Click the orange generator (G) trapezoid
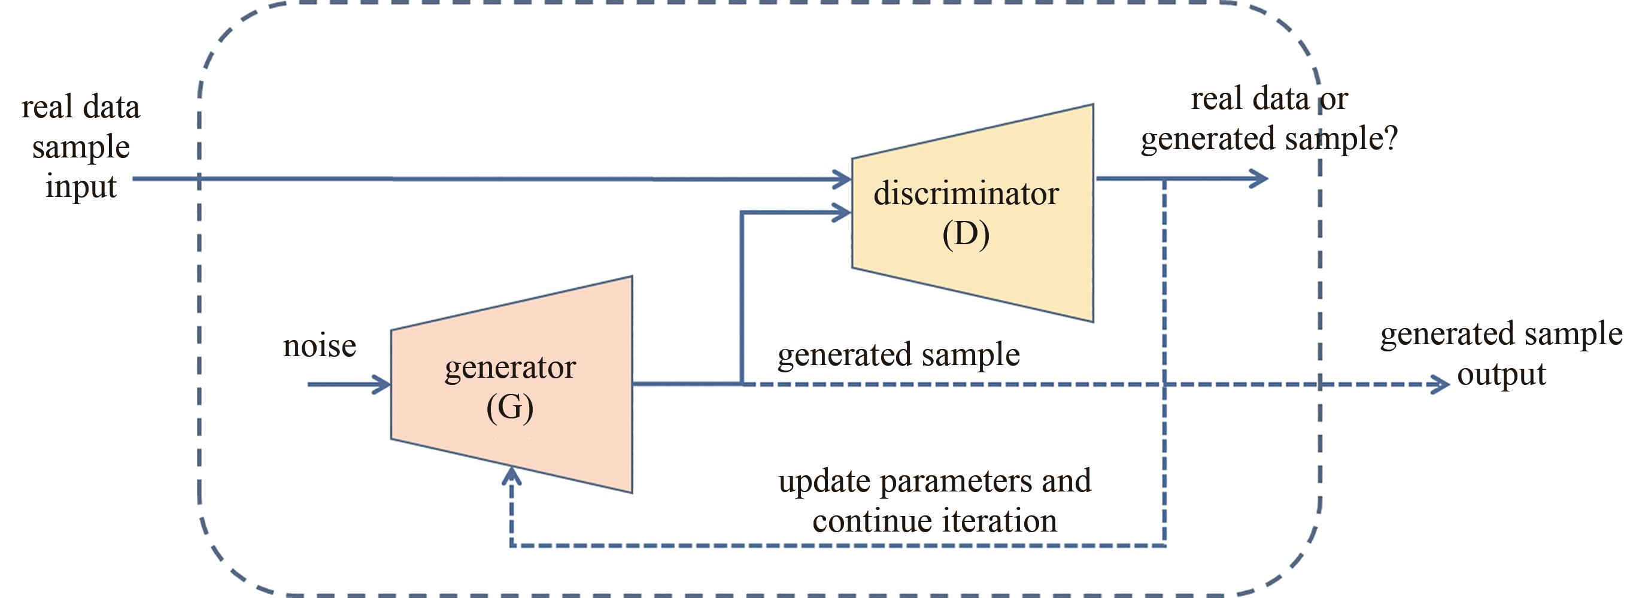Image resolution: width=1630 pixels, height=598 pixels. [x=511, y=384]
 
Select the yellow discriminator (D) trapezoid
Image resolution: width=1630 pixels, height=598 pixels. [x=973, y=213]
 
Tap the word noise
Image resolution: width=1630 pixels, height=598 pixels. [x=320, y=346]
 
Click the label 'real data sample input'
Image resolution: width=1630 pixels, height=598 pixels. [x=81, y=147]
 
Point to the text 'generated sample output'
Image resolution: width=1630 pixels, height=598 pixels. [x=1501, y=354]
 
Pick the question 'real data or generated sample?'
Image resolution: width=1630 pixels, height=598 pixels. [x=1269, y=119]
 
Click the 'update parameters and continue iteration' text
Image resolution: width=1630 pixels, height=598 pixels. [x=934, y=500]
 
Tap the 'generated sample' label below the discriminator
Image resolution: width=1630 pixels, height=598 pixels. [x=899, y=354]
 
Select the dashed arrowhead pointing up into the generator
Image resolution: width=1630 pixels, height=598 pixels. [x=511, y=476]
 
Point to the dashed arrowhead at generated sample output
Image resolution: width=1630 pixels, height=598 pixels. [x=1440, y=384]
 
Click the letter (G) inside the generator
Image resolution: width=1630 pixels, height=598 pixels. [x=510, y=408]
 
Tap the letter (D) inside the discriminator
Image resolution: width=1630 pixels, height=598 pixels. [x=966, y=235]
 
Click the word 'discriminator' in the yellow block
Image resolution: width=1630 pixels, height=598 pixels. [x=966, y=193]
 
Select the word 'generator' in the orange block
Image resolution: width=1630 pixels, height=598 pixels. [x=510, y=368]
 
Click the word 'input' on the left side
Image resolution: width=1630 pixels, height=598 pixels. [x=81, y=187]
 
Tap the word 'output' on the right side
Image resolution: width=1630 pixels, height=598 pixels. [x=1501, y=375]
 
